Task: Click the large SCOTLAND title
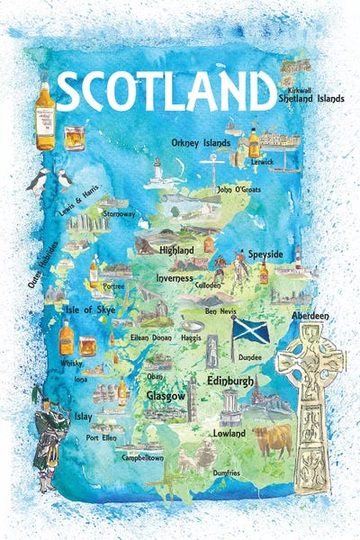(x=165, y=91)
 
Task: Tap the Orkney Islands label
(x=201, y=142)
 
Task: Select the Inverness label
(x=175, y=278)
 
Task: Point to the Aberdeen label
(x=310, y=317)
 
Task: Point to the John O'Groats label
(x=238, y=190)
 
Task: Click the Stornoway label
(x=120, y=215)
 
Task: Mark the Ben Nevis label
(x=221, y=311)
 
